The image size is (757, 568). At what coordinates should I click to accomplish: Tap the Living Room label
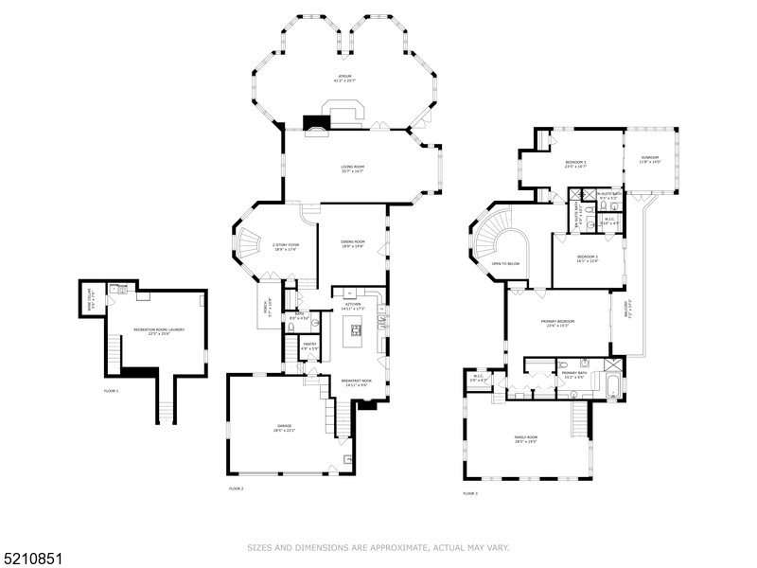coord(353,170)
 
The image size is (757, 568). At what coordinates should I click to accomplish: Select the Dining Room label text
coord(353,244)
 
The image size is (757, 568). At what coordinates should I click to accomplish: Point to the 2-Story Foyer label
coord(285,248)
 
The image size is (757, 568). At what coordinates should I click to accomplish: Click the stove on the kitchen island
coord(356,330)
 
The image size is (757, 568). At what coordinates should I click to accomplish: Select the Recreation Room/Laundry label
coord(158,331)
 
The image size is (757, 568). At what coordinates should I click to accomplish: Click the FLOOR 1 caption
coord(112,390)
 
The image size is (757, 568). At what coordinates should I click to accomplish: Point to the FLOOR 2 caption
coord(237,488)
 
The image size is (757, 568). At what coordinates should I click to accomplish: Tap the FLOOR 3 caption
coord(470,493)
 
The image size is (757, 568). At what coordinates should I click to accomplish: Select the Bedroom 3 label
coord(576,165)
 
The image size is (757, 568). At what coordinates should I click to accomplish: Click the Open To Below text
coord(506,263)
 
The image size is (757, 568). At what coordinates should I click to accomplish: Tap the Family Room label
coord(526,439)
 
